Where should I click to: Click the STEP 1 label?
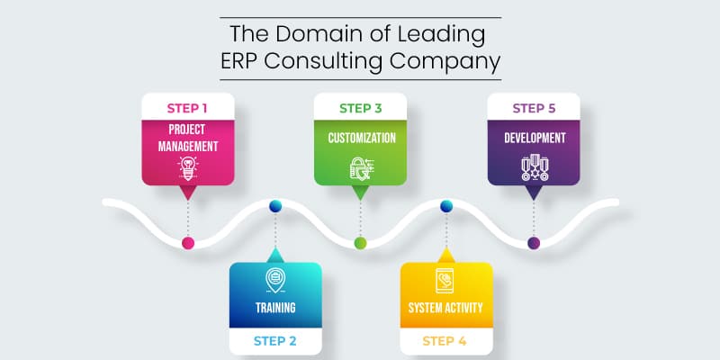click(x=187, y=108)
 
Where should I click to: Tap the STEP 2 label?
click(x=275, y=341)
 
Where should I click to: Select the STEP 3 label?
click(x=361, y=108)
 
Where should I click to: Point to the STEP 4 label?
click(x=445, y=341)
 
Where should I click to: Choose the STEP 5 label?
click(x=534, y=108)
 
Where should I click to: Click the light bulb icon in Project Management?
click(x=188, y=168)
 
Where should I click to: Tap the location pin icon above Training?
click(x=275, y=280)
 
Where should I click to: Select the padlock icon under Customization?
click(x=362, y=168)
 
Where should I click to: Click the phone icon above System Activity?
click(x=445, y=280)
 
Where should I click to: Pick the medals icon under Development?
click(x=535, y=167)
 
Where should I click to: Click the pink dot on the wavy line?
click(x=188, y=243)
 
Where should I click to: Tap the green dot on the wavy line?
click(x=361, y=243)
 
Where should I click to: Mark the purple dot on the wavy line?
click(x=534, y=243)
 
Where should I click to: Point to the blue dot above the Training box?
click(x=275, y=206)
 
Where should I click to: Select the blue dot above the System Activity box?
click(x=446, y=206)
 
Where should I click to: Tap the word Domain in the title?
click(x=314, y=34)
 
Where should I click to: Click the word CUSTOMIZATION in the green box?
click(x=362, y=138)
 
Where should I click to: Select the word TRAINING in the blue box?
click(x=275, y=307)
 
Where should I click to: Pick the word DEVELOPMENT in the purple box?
click(x=535, y=138)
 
